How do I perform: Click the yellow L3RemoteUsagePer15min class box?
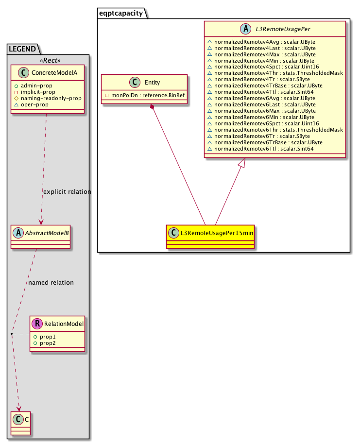click(x=210, y=237)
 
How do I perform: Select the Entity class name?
click(x=153, y=83)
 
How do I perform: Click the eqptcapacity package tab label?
click(x=121, y=13)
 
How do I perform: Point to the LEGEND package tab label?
click(x=22, y=49)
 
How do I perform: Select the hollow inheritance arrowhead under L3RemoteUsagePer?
click(x=241, y=163)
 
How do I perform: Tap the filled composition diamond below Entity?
click(x=153, y=107)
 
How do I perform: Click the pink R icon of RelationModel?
click(x=37, y=324)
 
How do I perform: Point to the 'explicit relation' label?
click(x=67, y=192)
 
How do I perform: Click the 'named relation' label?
click(x=51, y=283)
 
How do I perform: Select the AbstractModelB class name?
click(x=47, y=233)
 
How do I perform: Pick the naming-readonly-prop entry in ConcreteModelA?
click(x=51, y=98)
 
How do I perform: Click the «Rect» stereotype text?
click(x=50, y=60)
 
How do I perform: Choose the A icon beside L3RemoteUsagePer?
click(x=245, y=29)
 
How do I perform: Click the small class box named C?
click(x=20, y=423)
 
